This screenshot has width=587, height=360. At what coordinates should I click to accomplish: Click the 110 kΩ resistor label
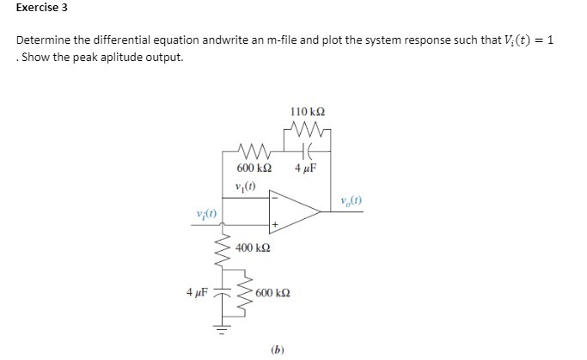[x=307, y=112]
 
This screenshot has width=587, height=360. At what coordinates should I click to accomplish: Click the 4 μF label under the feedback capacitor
[x=306, y=168]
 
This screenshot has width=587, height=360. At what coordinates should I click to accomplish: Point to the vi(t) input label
[x=206, y=213]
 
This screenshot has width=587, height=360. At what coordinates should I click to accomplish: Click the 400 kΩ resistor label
[x=254, y=248]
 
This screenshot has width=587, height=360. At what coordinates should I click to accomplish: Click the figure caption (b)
[x=277, y=349]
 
